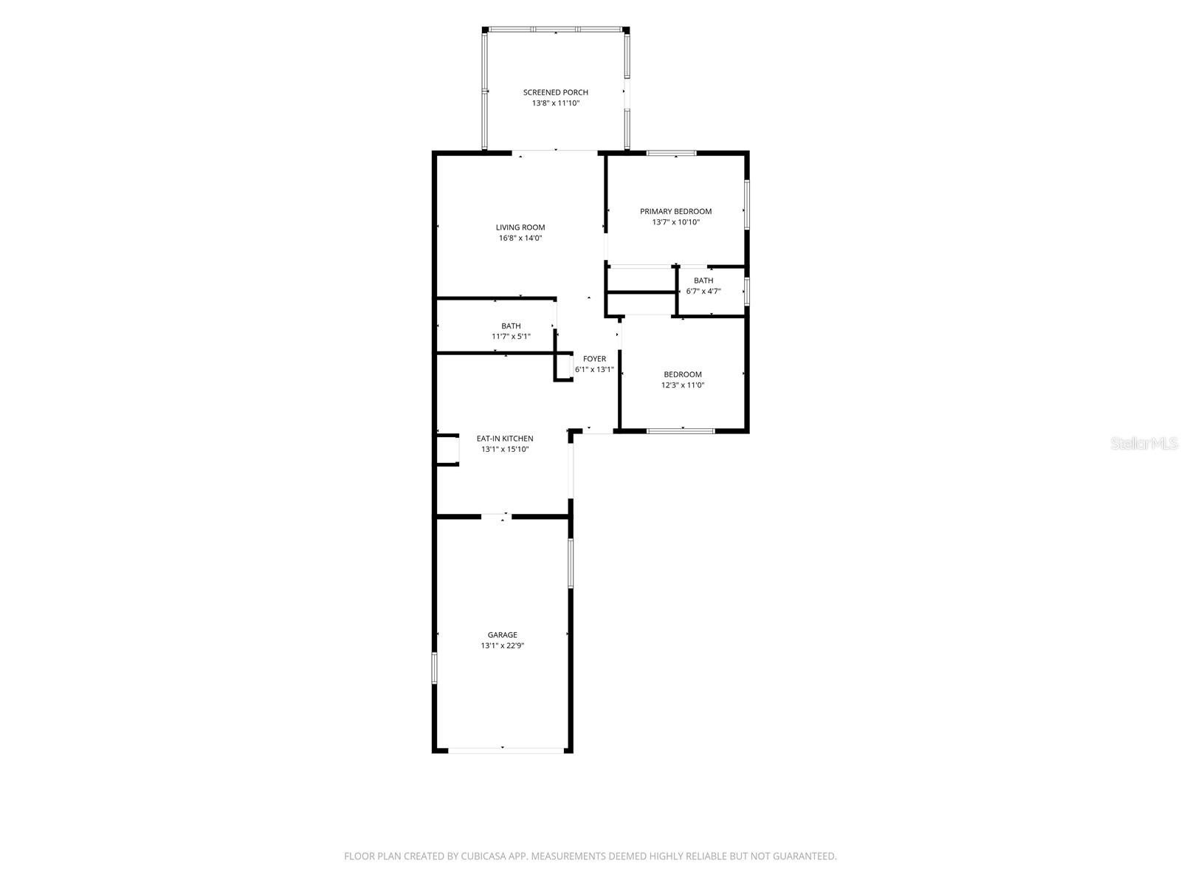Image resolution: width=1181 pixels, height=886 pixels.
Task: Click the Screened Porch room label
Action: [555, 92]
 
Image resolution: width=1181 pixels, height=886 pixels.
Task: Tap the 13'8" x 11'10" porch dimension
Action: [555, 103]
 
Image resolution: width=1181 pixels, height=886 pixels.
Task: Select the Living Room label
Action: [520, 227]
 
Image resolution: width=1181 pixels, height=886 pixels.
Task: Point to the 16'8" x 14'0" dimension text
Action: [520, 238]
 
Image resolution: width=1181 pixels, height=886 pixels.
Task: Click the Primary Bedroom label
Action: [675, 211]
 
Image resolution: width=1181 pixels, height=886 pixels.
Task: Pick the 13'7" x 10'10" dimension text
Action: [675, 222]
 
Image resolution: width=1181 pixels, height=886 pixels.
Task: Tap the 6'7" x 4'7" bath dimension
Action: [703, 292]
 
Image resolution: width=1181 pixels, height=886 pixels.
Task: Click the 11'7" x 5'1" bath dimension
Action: [511, 337]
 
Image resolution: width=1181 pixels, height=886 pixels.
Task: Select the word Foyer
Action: [594, 359]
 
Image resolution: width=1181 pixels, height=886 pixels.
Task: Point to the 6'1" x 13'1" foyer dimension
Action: [594, 370]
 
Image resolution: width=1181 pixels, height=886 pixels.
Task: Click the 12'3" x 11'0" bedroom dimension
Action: [682, 385]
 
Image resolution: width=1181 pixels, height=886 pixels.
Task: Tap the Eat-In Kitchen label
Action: [505, 439]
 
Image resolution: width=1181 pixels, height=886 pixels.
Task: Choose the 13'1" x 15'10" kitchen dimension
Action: [505, 450]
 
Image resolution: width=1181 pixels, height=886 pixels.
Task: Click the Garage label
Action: [502, 635]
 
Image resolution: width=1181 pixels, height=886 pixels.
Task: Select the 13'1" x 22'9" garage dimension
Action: [502, 646]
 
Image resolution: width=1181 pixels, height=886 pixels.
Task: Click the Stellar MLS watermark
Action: [1144, 444]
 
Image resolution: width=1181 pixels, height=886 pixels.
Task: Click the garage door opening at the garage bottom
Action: [506, 750]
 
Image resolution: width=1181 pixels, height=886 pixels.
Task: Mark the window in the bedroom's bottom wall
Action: [681, 431]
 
